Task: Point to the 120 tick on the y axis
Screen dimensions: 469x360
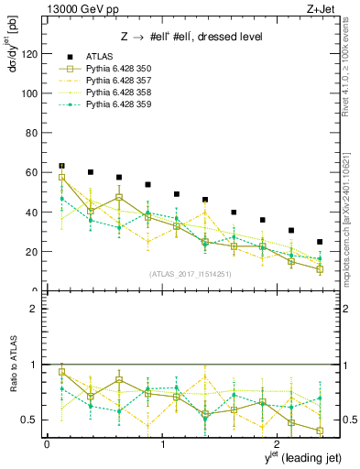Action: click(30, 54)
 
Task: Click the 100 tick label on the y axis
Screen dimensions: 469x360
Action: click(30, 93)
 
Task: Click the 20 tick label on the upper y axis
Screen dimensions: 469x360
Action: click(33, 251)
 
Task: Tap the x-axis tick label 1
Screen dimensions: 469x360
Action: click(163, 444)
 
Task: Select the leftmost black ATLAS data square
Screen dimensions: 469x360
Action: click(61, 166)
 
